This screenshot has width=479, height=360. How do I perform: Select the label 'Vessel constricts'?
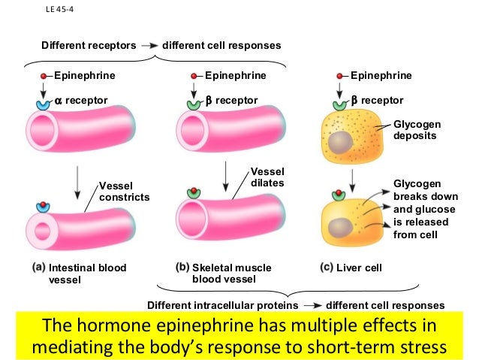125,192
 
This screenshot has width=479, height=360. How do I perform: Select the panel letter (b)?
182,267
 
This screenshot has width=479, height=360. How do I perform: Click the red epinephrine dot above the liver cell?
342,76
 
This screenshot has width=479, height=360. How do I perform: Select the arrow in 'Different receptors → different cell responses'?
149,45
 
